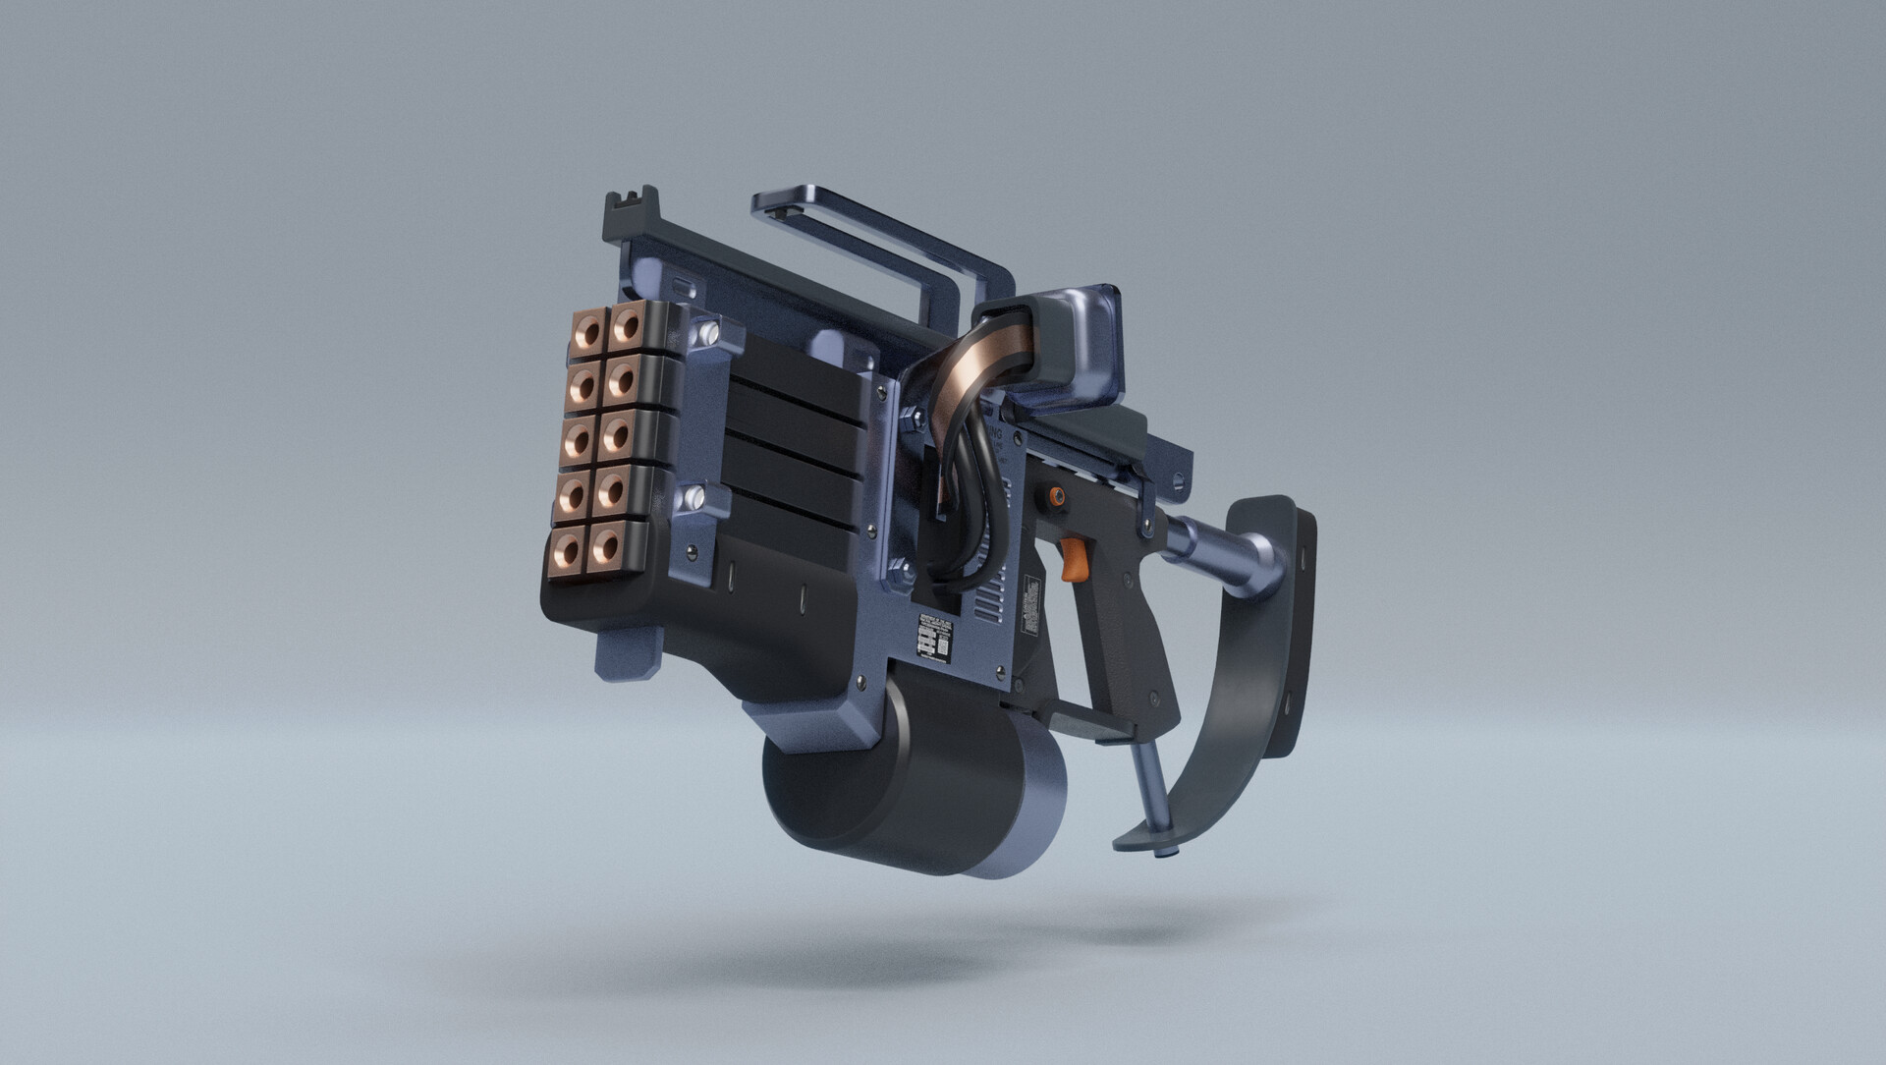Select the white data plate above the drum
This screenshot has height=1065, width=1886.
936,640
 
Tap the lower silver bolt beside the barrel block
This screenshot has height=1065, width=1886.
694,497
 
